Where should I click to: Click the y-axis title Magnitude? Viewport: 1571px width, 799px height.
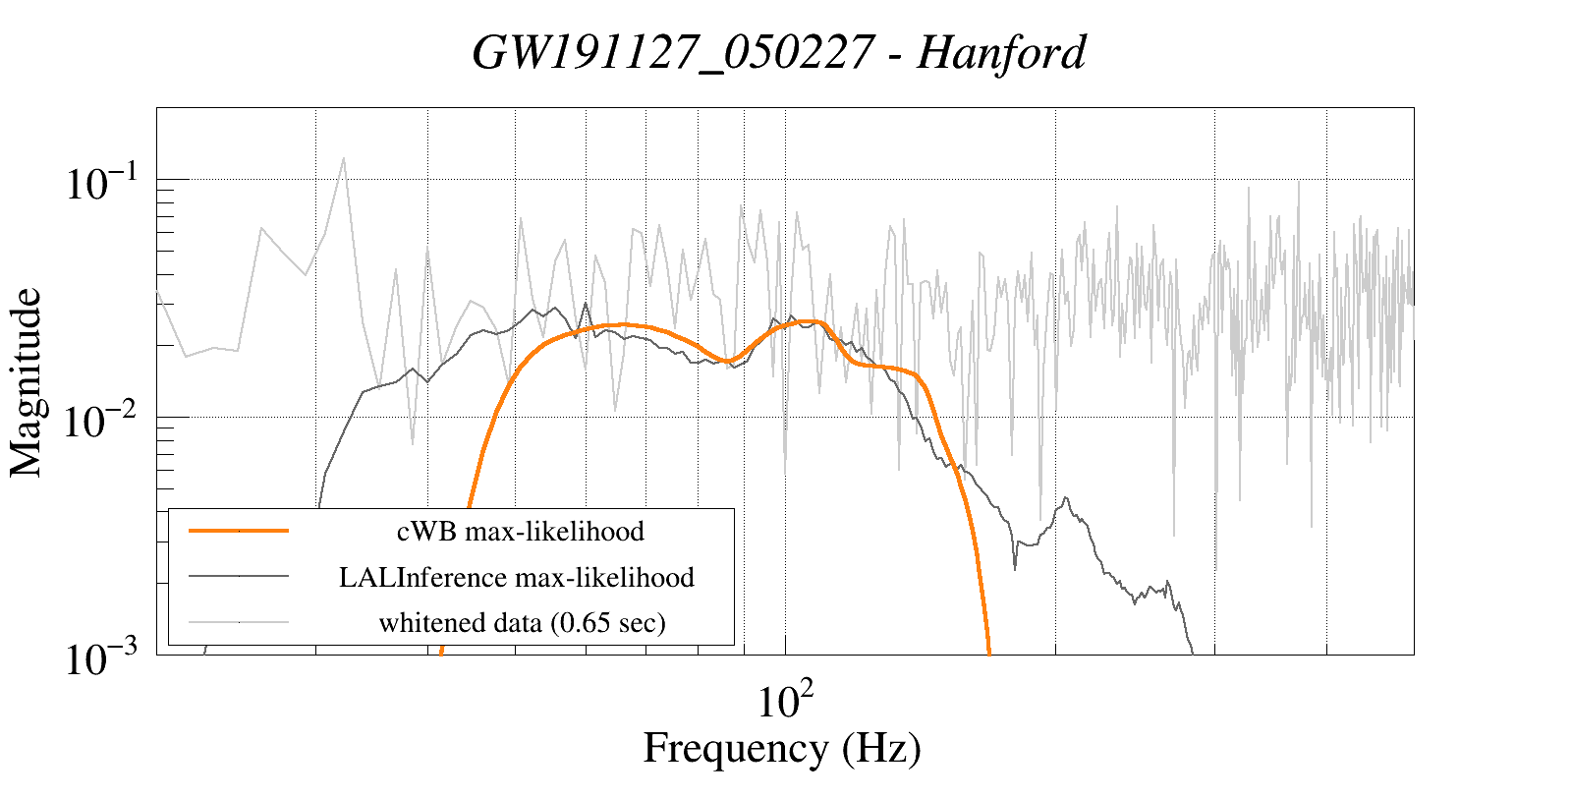[27, 382]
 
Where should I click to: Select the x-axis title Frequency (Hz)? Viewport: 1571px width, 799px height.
[782, 749]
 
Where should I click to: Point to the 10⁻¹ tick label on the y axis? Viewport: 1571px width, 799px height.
[104, 184]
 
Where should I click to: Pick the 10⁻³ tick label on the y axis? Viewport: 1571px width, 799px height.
[104, 658]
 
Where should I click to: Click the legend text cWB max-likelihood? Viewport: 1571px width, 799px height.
[521, 532]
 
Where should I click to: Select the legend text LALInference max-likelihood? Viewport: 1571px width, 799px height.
[517, 577]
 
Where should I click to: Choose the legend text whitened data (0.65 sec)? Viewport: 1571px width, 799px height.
[522, 622]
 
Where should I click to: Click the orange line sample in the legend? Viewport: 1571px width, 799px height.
[239, 531]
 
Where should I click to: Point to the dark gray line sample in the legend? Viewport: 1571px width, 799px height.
[239, 576]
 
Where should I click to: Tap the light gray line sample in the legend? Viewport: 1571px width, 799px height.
[239, 621]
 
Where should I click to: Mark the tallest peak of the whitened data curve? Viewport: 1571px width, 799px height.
[343, 158]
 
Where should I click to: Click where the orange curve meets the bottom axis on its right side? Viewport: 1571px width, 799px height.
[989, 652]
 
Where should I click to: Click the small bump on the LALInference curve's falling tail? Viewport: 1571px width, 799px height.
[1066, 499]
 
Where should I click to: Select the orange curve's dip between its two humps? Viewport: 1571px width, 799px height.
[725, 361]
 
